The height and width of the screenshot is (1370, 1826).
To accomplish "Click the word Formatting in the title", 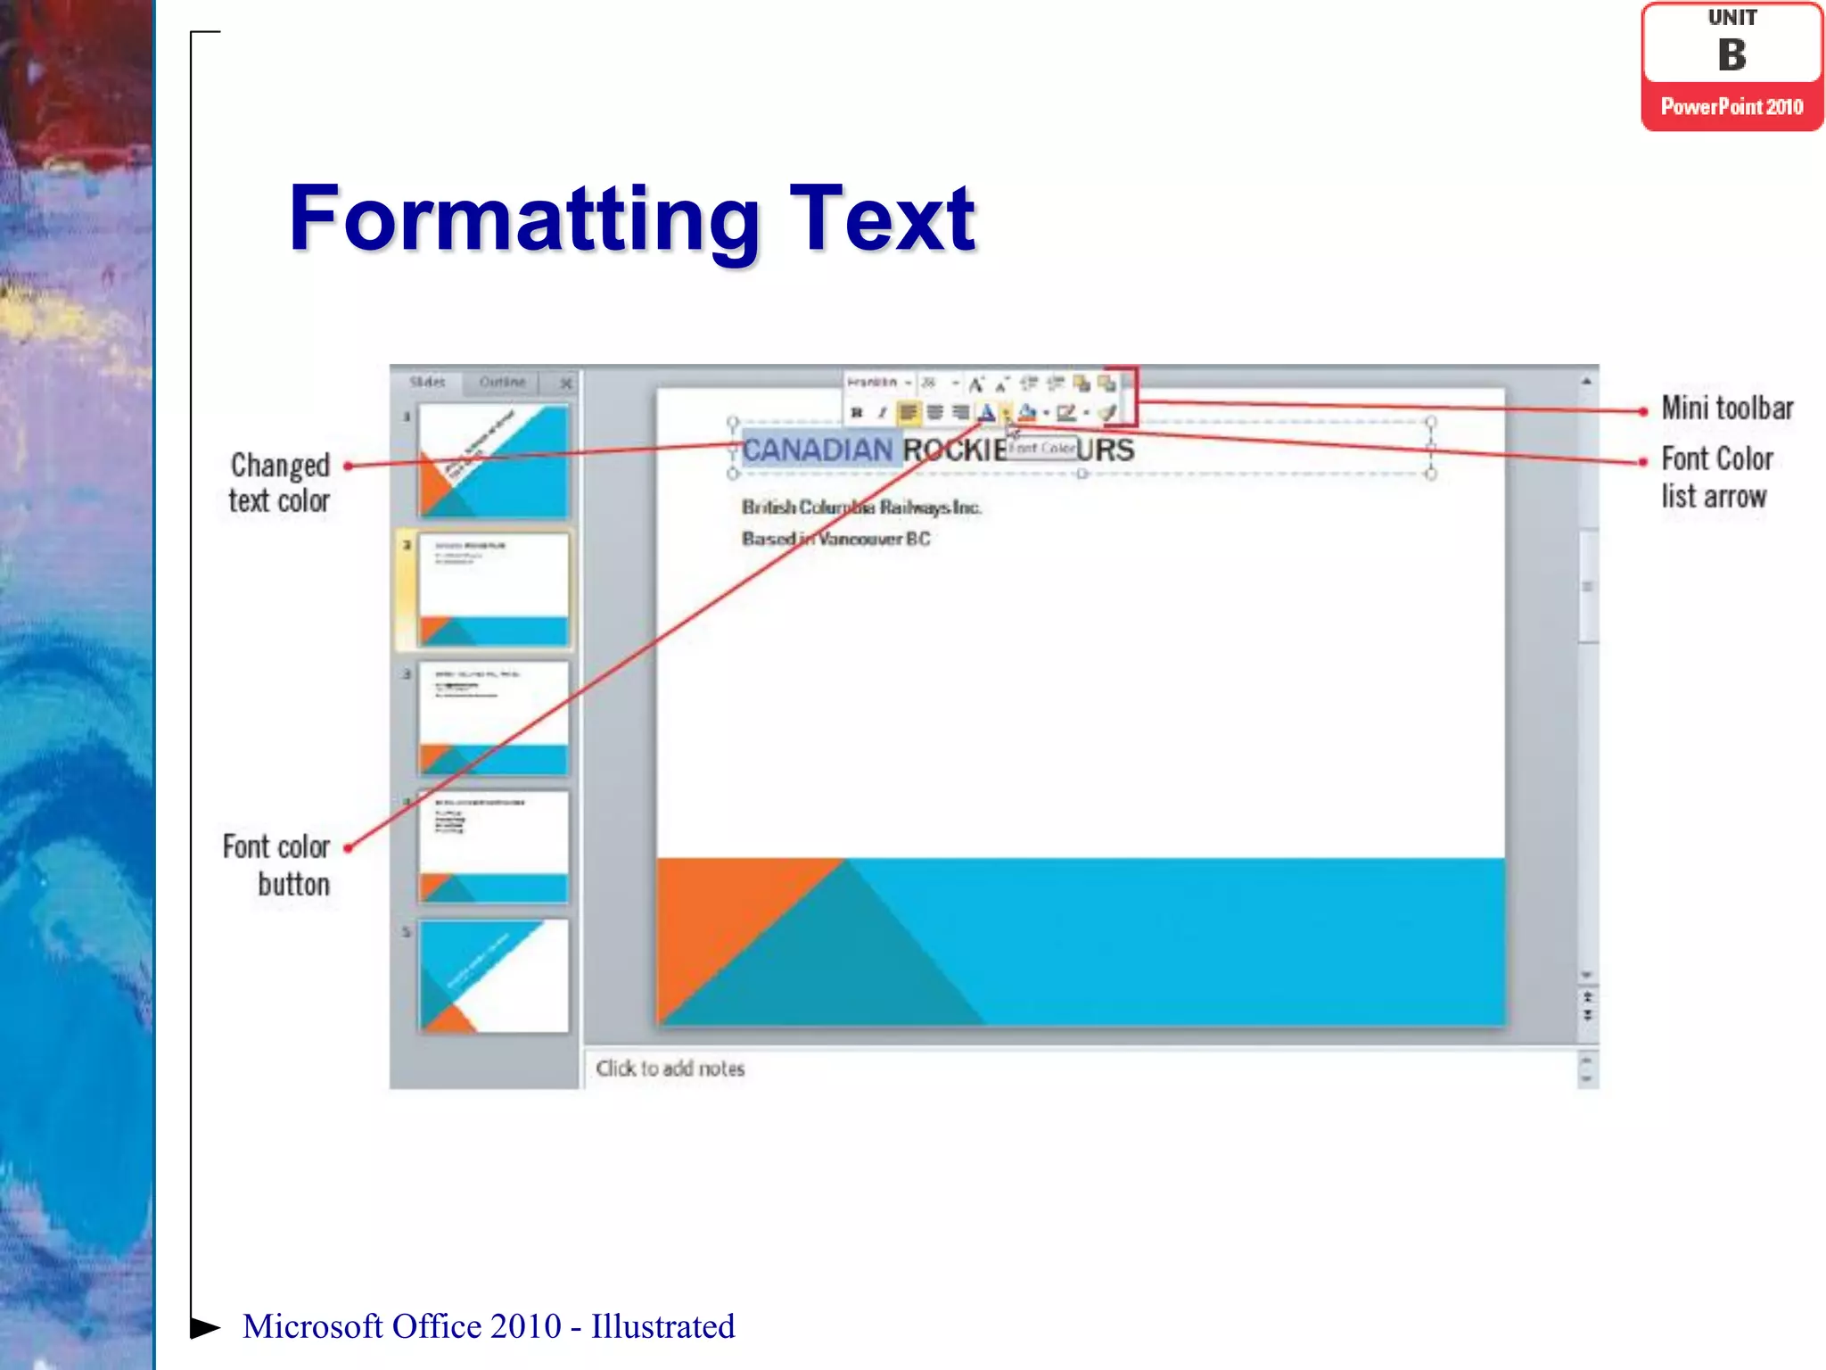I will tap(524, 219).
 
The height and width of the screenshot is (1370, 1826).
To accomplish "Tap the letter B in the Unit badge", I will tap(1731, 55).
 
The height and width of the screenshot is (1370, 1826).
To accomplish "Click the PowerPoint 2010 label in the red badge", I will tap(1731, 107).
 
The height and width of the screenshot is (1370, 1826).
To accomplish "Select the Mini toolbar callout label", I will tap(1727, 409).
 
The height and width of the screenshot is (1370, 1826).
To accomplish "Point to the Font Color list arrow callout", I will tap(1716, 477).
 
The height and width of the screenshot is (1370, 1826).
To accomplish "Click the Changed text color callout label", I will tap(279, 483).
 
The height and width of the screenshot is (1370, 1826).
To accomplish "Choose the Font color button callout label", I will tap(276, 865).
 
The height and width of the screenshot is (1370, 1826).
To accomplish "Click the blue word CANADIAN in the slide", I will tap(817, 450).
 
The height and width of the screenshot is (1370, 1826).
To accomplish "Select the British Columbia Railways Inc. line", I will tap(860, 508).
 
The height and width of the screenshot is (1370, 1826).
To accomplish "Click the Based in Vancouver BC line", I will tap(835, 539).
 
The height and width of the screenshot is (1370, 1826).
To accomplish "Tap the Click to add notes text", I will tap(670, 1069).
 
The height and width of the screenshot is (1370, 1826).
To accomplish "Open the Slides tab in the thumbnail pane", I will tap(427, 382).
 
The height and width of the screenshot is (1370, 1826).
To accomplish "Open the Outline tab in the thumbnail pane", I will tap(502, 382).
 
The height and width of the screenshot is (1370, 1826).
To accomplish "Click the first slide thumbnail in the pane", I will tap(493, 461).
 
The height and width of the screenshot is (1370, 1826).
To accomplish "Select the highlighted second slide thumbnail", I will tap(493, 590).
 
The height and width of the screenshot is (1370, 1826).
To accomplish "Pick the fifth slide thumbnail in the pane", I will tap(493, 976).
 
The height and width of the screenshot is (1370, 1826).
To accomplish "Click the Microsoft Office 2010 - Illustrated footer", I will tap(489, 1326).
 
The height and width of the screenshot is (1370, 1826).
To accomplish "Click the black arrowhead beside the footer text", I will tap(204, 1327).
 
